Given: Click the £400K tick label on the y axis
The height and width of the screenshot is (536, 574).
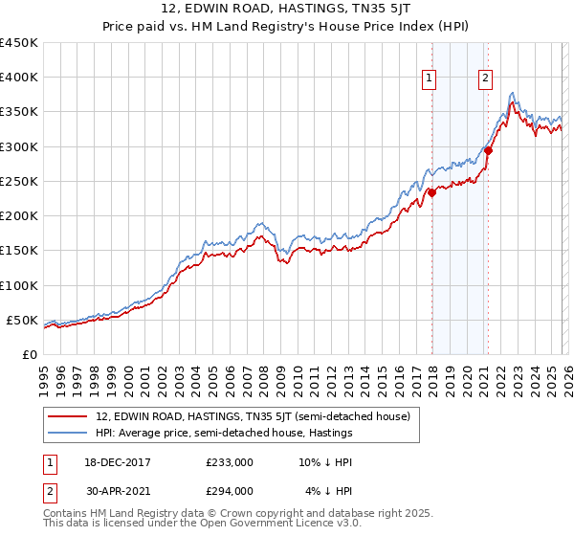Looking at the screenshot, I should [19, 78].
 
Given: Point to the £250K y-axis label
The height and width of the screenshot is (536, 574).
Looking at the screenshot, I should [19, 182].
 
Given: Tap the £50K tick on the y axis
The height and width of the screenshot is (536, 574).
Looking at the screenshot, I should [23, 321].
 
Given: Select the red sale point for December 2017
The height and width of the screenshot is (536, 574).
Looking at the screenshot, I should [431, 192].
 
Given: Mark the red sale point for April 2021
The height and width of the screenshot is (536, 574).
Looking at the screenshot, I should [488, 150].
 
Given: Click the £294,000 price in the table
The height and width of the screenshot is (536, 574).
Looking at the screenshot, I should [230, 490].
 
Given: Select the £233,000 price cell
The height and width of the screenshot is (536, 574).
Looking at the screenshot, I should [230, 462].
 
